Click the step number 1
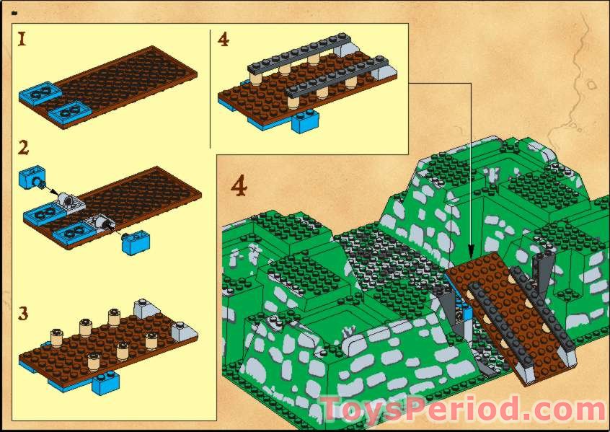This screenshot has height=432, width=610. coord(22,40)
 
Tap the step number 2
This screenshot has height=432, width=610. coord(24,149)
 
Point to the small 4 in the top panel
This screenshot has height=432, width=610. coord(223,40)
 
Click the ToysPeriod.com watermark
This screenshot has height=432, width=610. coord(461,410)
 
